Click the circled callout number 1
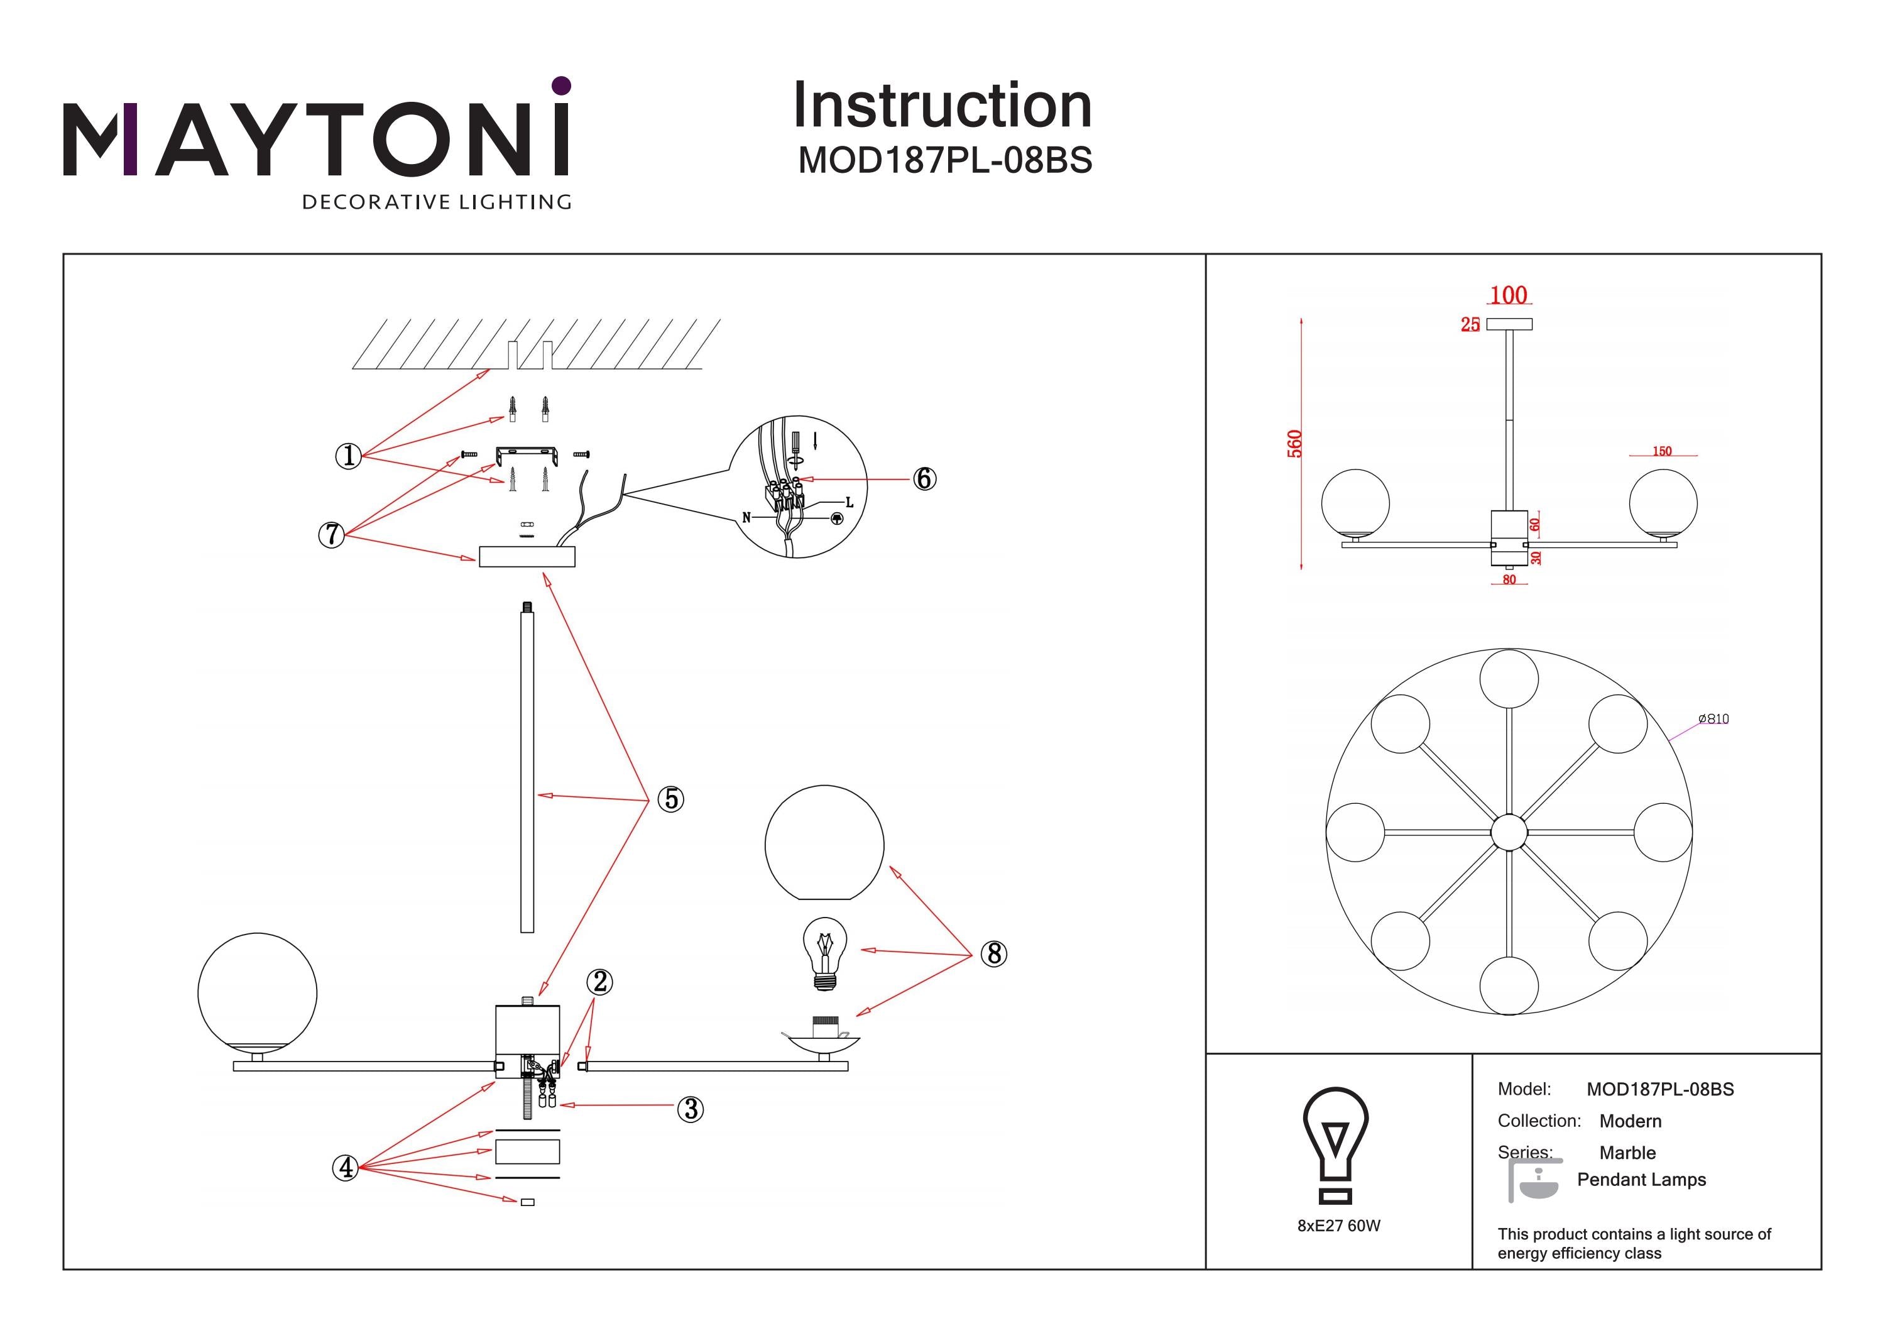pyautogui.click(x=349, y=455)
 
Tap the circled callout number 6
pyautogui.click(x=924, y=479)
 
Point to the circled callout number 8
pyautogui.click(x=994, y=953)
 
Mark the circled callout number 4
pyautogui.click(x=346, y=1167)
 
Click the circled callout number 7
pyautogui.click(x=331, y=535)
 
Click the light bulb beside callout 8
pyautogui.click(x=824, y=953)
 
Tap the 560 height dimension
pyautogui.click(x=1295, y=444)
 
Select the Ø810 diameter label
pyautogui.click(x=1713, y=718)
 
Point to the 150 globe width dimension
pyautogui.click(x=1662, y=451)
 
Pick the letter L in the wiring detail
pyautogui.click(x=849, y=503)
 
